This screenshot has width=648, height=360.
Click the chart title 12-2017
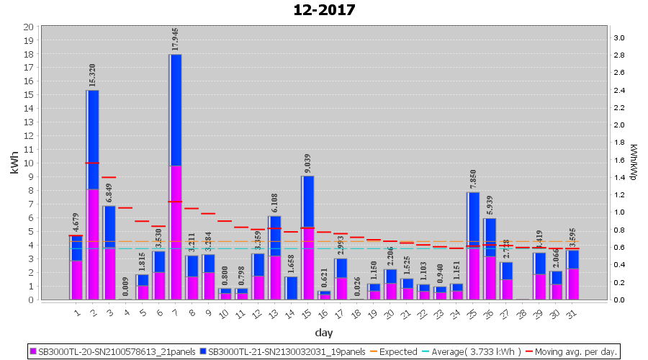tap(324, 10)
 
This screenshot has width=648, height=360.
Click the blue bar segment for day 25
tap(473, 219)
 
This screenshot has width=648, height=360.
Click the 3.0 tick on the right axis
tap(618, 37)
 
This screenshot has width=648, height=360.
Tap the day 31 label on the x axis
tap(572, 313)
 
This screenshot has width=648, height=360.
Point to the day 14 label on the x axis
tap(290, 313)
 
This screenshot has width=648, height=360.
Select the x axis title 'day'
tap(323, 333)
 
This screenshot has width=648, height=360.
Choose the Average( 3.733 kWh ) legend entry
tap(477, 351)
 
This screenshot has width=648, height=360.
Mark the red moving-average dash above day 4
tap(125, 207)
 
